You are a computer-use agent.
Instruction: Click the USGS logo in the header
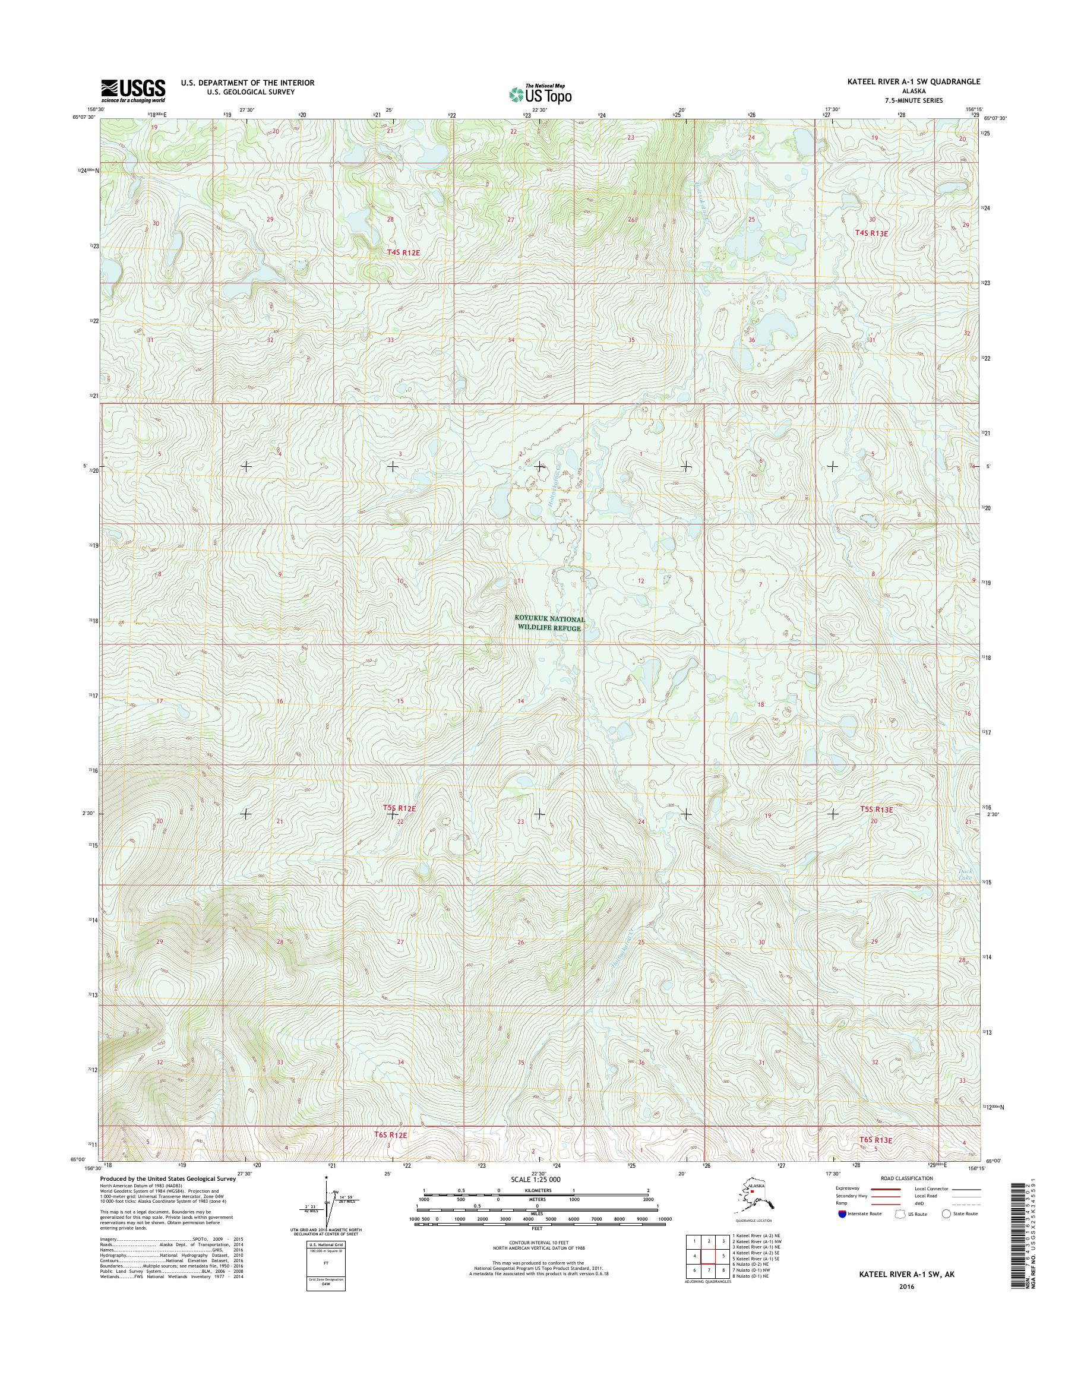133,91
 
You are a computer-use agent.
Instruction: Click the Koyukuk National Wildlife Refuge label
549,624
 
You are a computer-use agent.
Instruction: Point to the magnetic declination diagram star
327,1178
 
